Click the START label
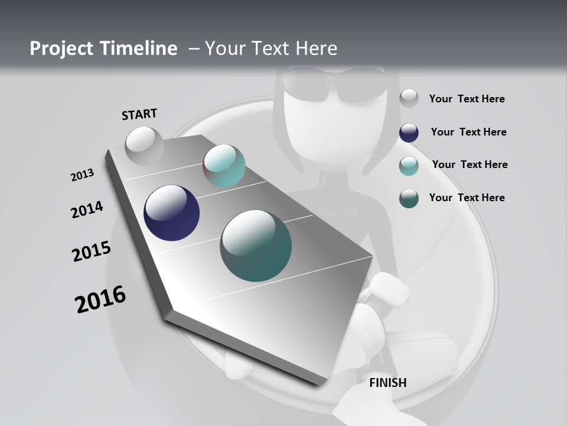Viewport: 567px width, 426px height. tap(139, 114)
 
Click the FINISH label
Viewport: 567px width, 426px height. tap(388, 383)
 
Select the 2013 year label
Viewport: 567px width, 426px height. tap(82, 175)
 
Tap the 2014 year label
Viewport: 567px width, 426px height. tap(87, 210)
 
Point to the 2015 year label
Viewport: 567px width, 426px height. tap(92, 251)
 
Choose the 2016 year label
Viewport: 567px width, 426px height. tap(100, 299)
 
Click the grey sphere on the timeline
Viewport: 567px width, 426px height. tap(144, 146)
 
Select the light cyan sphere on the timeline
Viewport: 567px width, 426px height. tap(224, 166)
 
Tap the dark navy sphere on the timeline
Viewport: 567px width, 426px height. tap(171, 213)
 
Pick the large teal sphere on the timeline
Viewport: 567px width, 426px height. tap(256, 246)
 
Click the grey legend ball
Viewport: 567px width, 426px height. tap(409, 99)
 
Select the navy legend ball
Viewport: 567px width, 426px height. tap(409, 133)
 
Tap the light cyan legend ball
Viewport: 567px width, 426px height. tap(409, 166)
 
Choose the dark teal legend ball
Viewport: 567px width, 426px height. tap(409, 198)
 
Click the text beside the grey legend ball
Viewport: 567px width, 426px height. tap(467, 99)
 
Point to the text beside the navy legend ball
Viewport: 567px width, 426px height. tap(468, 132)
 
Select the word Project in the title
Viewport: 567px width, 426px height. tap(60, 49)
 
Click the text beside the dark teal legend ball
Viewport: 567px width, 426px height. tap(467, 198)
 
